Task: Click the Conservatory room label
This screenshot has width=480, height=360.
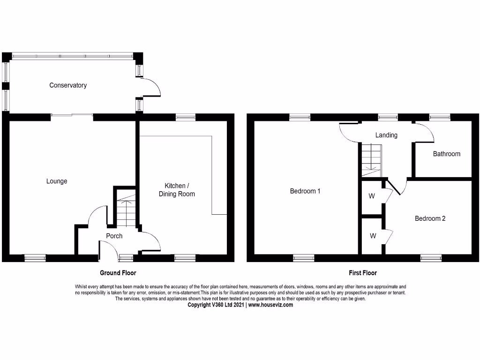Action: pyautogui.click(x=68, y=85)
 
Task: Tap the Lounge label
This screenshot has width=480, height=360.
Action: pyautogui.click(x=57, y=181)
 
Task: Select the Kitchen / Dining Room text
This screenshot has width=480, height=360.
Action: pyautogui.click(x=177, y=189)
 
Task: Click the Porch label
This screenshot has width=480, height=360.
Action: pyautogui.click(x=114, y=236)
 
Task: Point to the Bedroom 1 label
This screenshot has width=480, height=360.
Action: pyautogui.click(x=305, y=191)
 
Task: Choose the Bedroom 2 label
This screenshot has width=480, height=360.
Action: pyautogui.click(x=430, y=218)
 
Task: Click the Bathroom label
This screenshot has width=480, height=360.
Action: pyautogui.click(x=446, y=154)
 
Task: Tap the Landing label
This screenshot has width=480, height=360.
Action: pyautogui.click(x=386, y=135)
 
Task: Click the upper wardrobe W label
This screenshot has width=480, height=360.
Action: pyautogui.click(x=372, y=196)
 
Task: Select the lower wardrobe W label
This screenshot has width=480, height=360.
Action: pyautogui.click(x=373, y=236)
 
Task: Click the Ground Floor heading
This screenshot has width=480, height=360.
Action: pyautogui.click(x=118, y=273)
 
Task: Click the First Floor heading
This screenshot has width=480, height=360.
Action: pyautogui.click(x=363, y=273)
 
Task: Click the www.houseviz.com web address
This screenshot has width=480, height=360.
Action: pyautogui.click(x=270, y=305)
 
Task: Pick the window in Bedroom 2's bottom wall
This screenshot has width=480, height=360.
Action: pyautogui.click(x=431, y=257)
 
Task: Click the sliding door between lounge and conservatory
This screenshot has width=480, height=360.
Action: pyautogui.click(x=72, y=115)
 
